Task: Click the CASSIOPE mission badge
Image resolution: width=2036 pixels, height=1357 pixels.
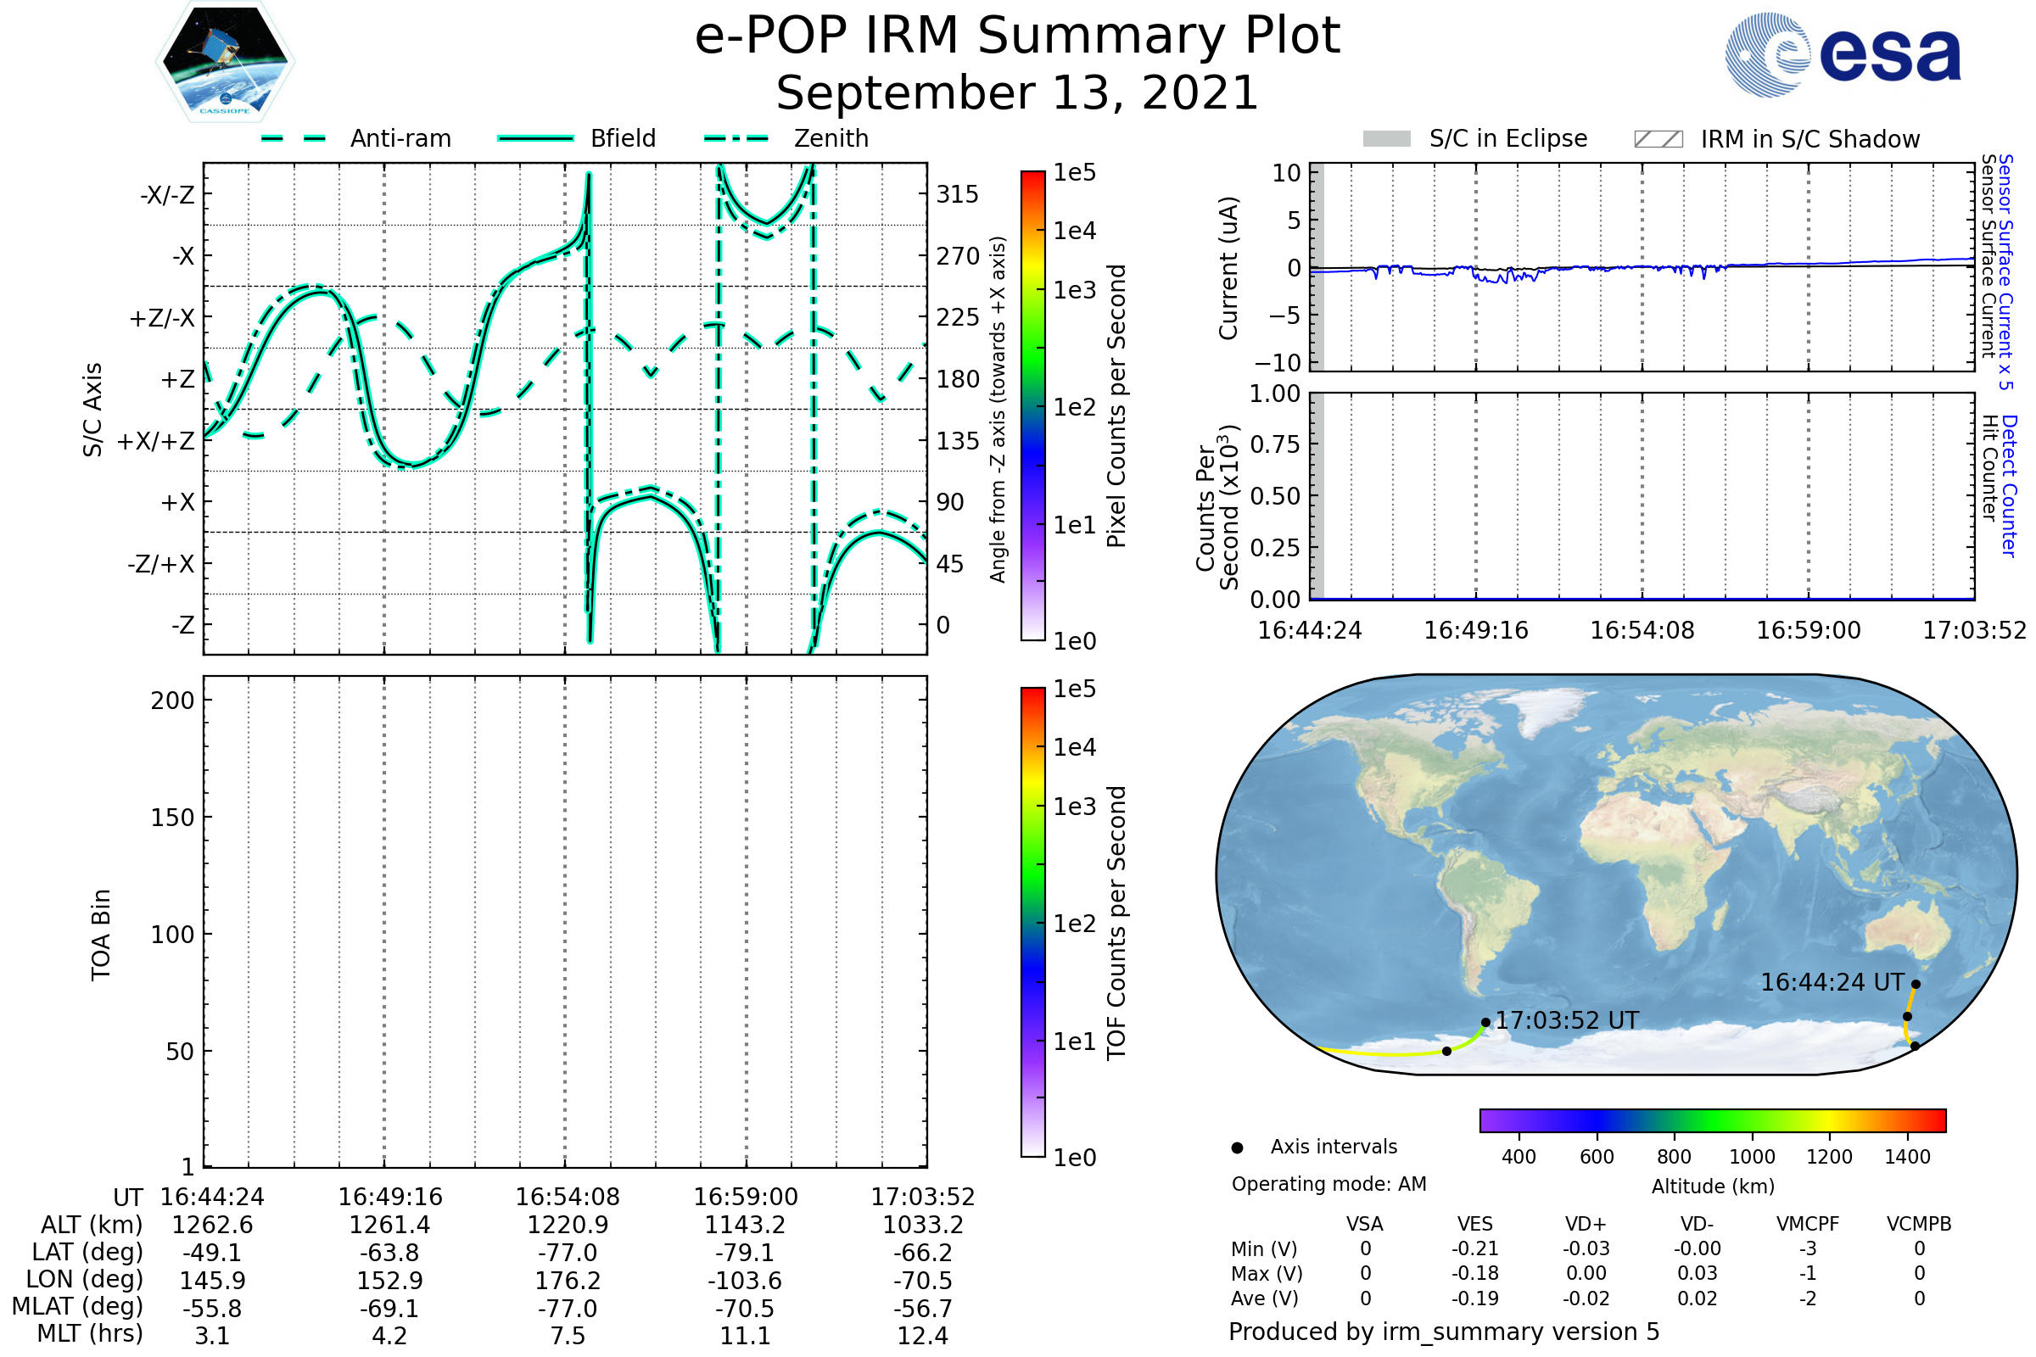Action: point(225,61)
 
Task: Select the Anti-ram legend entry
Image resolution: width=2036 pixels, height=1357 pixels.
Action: point(355,138)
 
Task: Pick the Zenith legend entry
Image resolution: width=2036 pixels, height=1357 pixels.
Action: point(786,138)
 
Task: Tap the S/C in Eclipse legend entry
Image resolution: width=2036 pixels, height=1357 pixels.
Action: point(1475,138)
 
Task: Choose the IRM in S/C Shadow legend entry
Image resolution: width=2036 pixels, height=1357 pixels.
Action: point(1776,139)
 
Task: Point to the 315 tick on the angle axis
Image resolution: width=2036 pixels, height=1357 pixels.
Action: point(958,195)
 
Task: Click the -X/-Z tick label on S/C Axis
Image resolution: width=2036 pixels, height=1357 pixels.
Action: point(167,195)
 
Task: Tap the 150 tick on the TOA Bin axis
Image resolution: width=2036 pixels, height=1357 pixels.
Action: point(172,818)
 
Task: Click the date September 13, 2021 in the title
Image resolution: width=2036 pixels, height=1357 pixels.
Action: point(1017,92)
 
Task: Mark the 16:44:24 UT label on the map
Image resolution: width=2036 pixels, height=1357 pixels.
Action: point(1832,982)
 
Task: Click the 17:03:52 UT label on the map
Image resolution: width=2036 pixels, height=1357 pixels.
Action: point(1568,1020)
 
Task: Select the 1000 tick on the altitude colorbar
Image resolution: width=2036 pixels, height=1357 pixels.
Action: point(1752,1157)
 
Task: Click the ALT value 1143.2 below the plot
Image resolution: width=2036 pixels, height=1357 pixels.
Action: point(746,1226)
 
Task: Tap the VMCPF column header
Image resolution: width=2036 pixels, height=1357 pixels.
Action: point(1808,1224)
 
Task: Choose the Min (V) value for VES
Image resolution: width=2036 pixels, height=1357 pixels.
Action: point(1475,1248)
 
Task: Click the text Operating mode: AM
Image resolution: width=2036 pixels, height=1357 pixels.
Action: point(1328,1184)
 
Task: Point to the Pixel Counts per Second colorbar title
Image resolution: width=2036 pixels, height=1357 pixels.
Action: point(1116,406)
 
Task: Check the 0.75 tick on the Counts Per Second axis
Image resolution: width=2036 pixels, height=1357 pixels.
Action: point(1275,444)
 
